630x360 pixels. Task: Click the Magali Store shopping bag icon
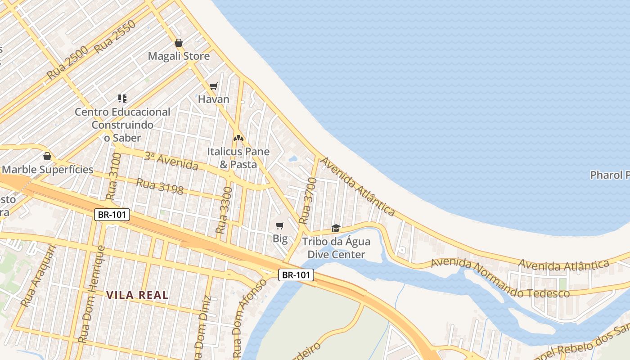(x=179, y=43)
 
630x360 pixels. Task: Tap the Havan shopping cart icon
(x=214, y=86)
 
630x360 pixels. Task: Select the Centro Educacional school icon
(x=122, y=98)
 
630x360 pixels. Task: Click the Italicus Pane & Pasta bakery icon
(x=238, y=138)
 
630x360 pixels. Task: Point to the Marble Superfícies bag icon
(x=47, y=156)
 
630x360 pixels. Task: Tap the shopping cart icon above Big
(x=280, y=225)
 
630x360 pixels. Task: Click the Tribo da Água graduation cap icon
(x=336, y=229)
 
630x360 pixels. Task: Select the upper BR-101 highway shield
(x=112, y=215)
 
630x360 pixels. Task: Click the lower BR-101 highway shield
(x=296, y=275)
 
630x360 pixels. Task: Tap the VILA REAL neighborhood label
(x=137, y=295)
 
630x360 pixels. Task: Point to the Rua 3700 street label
(x=308, y=201)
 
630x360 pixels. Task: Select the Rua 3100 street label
(x=113, y=176)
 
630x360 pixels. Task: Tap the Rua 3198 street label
(x=160, y=186)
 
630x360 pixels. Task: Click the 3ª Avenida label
(x=171, y=161)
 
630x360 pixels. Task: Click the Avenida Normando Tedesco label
(x=500, y=278)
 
